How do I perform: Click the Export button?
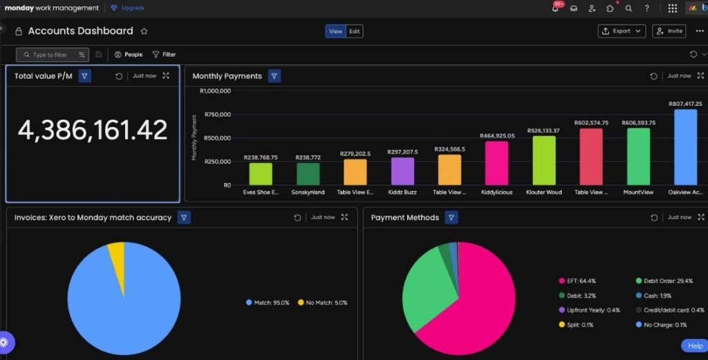(x=621, y=31)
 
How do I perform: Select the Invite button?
(x=669, y=31)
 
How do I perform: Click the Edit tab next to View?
(x=354, y=31)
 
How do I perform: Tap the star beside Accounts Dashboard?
(x=145, y=31)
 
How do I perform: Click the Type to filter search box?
(x=50, y=55)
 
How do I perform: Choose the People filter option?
(x=129, y=55)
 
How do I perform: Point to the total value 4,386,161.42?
(x=93, y=131)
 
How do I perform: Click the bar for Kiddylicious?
(x=496, y=163)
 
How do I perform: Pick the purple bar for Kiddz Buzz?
(x=402, y=171)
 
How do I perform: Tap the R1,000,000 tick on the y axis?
(x=215, y=91)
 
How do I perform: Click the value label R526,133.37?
(x=543, y=131)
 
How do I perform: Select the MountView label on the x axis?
(x=638, y=192)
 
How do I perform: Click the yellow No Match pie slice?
(x=117, y=258)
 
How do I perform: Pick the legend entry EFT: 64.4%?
(x=577, y=281)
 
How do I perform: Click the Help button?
(x=694, y=345)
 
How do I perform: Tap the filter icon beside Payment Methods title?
(x=451, y=218)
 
